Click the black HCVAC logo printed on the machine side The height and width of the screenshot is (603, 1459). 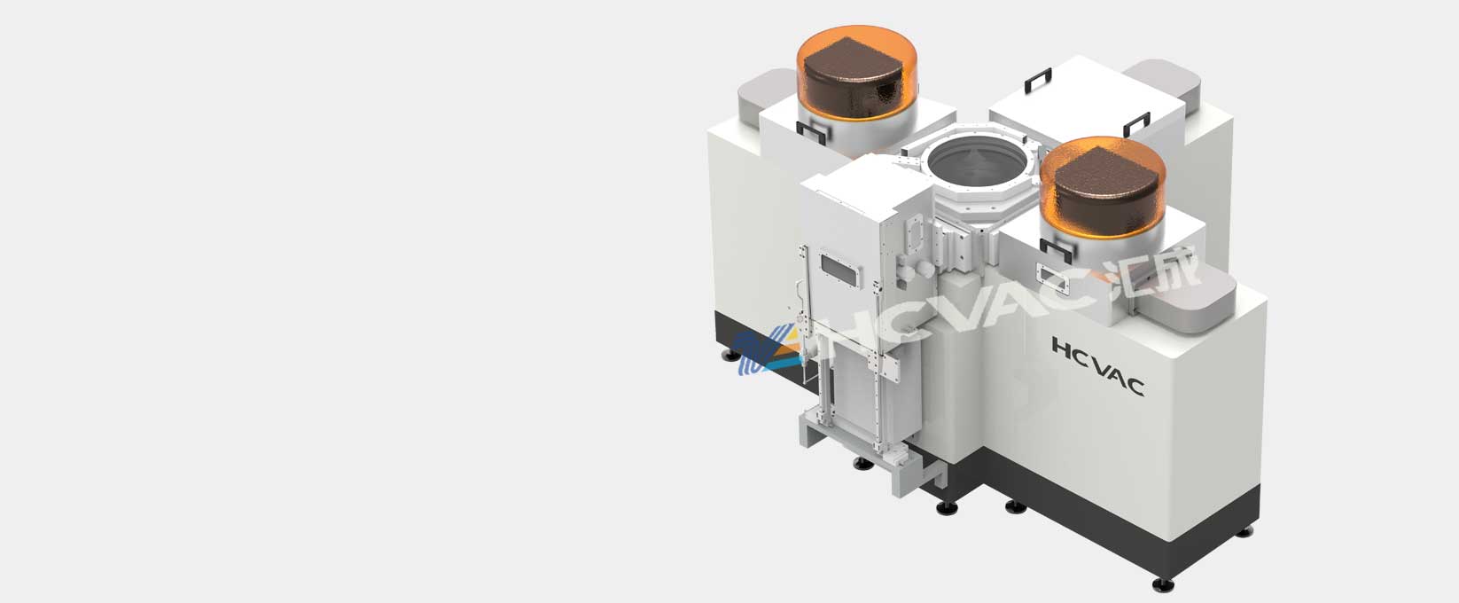pyautogui.click(x=1097, y=365)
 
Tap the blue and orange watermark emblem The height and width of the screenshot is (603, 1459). pyautogui.click(x=765, y=352)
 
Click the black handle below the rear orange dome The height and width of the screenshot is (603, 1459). pyautogui.click(x=812, y=132)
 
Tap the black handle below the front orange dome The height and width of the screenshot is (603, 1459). pyautogui.click(x=1056, y=251)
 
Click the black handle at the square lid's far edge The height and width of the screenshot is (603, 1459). pyautogui.click(x=1038, y=80)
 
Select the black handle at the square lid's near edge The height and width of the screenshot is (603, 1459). pyautogui.click(x=1136, y=124)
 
